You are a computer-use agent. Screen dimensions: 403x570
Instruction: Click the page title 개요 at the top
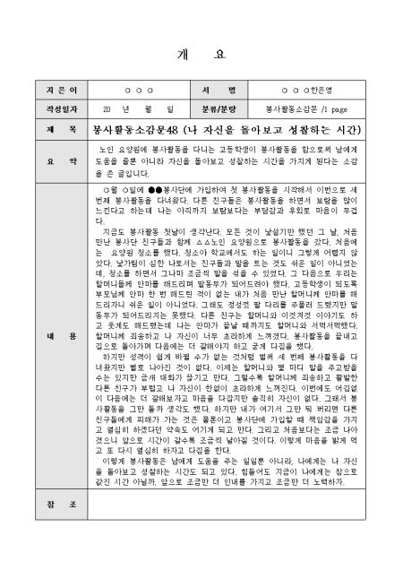point(201,54)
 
